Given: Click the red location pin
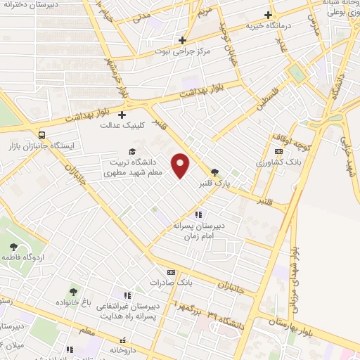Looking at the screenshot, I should [x=181, y=165].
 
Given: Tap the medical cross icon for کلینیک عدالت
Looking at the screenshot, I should [x=122, y=115].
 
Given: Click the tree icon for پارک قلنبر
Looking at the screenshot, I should [x=214, y=171].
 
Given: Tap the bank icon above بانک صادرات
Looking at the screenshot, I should [x=170, y=272].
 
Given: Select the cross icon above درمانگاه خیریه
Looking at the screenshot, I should [x=267, y=14].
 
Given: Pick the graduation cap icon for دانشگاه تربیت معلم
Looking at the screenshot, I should [x=131, y=151].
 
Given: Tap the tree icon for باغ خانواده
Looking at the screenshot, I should [x=72, y=291].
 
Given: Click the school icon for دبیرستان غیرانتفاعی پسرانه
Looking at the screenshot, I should [x=127, y=296].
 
